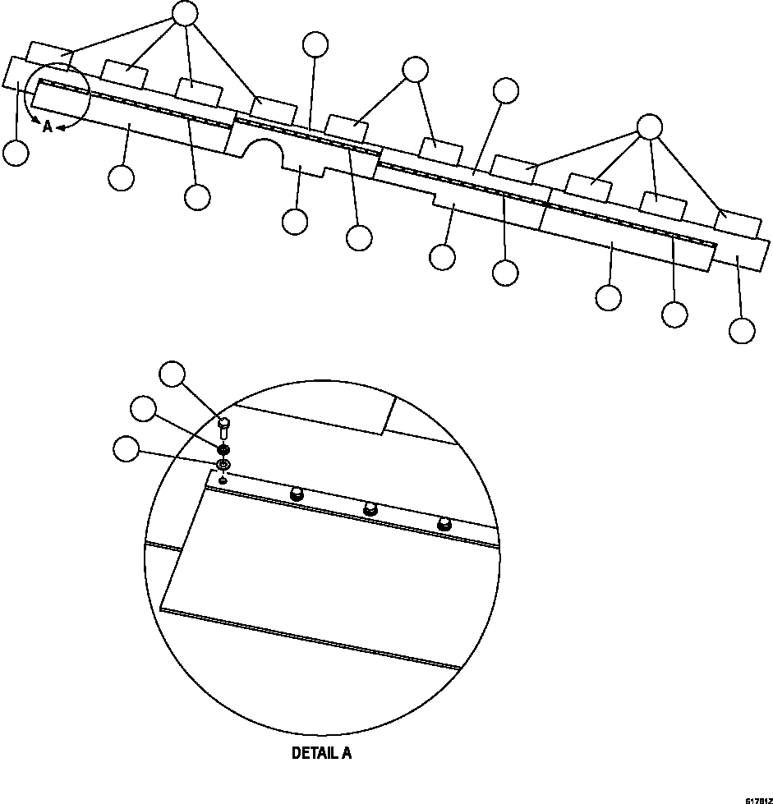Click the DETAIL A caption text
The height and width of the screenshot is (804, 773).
click(321, 752)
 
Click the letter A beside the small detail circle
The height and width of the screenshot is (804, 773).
click(48, 126)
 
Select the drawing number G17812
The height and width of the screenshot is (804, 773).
click(758, 798)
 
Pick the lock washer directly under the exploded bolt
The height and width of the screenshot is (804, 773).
click(223, 450)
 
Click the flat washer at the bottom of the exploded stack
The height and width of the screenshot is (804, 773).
click(223, 466)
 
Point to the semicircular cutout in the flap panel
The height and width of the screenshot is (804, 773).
click(265, 152)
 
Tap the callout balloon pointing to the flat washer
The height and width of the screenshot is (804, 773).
click(127, 448)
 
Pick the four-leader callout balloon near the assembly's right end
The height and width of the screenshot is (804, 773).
click(649, 126)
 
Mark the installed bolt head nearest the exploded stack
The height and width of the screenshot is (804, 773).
click(297, 494)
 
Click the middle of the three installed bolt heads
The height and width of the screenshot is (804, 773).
click(370, 508)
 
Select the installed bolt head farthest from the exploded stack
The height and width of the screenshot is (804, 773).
click(444, 523)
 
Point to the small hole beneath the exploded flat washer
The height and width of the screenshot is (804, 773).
click(223, 479)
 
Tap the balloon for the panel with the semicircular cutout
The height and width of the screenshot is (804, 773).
click(294, 221)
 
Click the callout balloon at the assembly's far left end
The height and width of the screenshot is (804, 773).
click(16, 154)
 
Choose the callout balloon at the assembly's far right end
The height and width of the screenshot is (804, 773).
click(742, 330)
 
